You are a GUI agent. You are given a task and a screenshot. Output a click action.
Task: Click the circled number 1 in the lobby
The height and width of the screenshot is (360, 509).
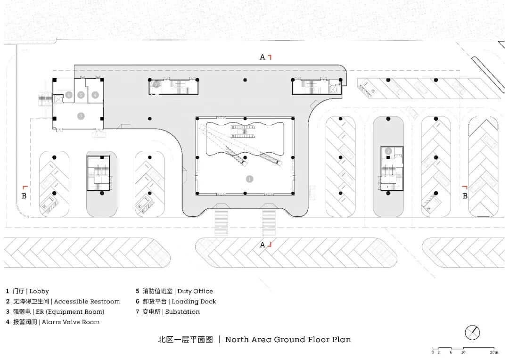(x=250, y=179)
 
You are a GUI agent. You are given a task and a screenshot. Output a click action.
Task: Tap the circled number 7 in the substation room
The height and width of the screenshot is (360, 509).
(x=81, y=115)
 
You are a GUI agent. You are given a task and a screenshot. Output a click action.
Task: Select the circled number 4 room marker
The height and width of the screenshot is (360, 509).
(x=95, y=95)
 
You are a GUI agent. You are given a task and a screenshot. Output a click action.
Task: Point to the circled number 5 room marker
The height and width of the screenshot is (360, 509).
(x=81, y=95)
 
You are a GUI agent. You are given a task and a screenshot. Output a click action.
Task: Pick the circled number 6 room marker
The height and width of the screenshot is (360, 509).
(x=69, y=95)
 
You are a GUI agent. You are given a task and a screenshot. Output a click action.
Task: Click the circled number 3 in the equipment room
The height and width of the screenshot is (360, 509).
(x=388, y=151)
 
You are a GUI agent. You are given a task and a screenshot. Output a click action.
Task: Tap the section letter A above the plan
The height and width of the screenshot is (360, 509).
(x=263, y=57)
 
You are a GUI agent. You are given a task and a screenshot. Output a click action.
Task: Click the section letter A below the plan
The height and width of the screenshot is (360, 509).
(x=263, y=245)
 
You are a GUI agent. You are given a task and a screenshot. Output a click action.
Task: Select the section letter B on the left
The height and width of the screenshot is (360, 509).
(x=24, y=195)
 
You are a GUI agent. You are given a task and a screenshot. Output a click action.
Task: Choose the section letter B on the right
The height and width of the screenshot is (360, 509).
(x=465, y=196)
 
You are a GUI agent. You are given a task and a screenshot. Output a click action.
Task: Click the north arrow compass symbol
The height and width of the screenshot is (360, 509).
(x=472, y=333)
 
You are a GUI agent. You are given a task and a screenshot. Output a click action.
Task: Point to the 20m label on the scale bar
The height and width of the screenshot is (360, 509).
(x=493, y=352)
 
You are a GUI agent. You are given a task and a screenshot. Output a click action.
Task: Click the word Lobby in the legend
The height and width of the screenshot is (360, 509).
(x=39, y=291)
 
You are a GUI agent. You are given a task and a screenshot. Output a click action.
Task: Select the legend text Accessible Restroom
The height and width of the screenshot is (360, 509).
(x=87, y=302)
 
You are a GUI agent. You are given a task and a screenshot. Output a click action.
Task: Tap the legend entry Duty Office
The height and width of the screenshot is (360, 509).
(x=195, y=291)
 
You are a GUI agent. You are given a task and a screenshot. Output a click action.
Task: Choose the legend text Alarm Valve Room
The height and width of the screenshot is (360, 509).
(x=71, y=322)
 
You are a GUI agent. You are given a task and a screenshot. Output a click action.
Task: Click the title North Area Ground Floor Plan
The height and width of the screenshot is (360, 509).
(x=287, y=339)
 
